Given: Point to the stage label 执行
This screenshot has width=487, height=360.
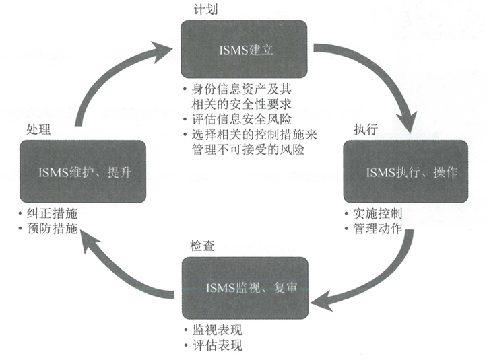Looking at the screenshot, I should (364, 129).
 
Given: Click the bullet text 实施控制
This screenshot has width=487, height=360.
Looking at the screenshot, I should (378, 213).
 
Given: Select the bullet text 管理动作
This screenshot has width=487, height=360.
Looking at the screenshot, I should (378, 229).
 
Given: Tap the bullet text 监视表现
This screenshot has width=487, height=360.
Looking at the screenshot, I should (217, 330).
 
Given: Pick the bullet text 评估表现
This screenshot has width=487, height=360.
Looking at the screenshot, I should (217, 346).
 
